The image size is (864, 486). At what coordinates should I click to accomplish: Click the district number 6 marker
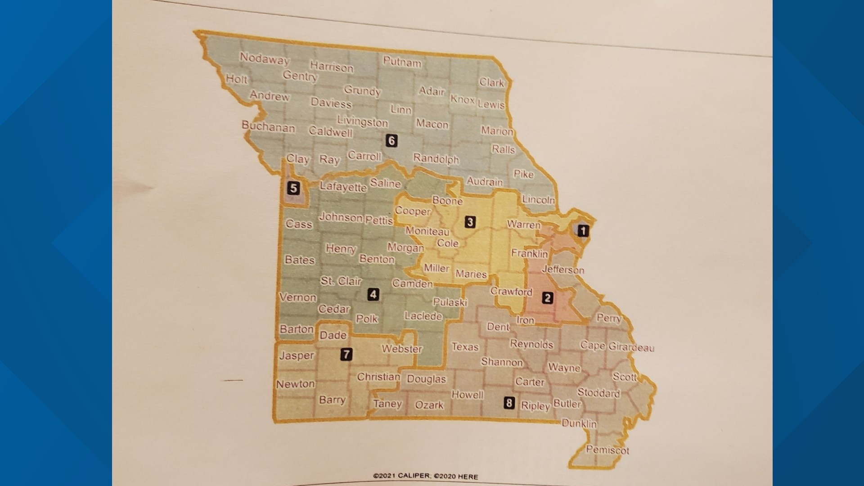(391, 141)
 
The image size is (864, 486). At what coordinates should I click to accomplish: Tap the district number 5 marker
(293, 188)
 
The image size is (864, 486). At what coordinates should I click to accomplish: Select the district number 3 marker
(470, 221)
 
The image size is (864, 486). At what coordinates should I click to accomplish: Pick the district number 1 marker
(583, 231)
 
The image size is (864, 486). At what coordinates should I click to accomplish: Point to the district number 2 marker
(547, 298)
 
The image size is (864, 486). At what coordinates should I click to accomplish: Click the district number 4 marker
(373, 294)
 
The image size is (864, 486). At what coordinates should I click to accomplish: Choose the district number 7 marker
(346, 354)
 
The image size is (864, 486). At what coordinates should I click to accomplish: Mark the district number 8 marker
(509, 402)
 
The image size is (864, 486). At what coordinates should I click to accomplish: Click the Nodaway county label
(264, 58)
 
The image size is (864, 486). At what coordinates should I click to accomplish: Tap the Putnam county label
(402, 62)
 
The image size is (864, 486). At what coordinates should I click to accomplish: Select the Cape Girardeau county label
(617, 346)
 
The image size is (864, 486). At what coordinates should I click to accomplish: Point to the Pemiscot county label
(607, 449)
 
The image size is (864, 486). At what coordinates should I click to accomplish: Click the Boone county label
(447, 200)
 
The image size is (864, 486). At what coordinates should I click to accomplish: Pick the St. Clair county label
(341, 281)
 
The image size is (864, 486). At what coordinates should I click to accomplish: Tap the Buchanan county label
(268, 126)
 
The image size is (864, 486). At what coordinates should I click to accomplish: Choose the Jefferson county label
(563, 270)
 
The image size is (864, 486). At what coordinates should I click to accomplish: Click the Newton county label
(295, 384)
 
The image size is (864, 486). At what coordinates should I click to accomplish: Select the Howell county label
(468, 395)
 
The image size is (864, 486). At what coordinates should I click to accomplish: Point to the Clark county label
(491, 82)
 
